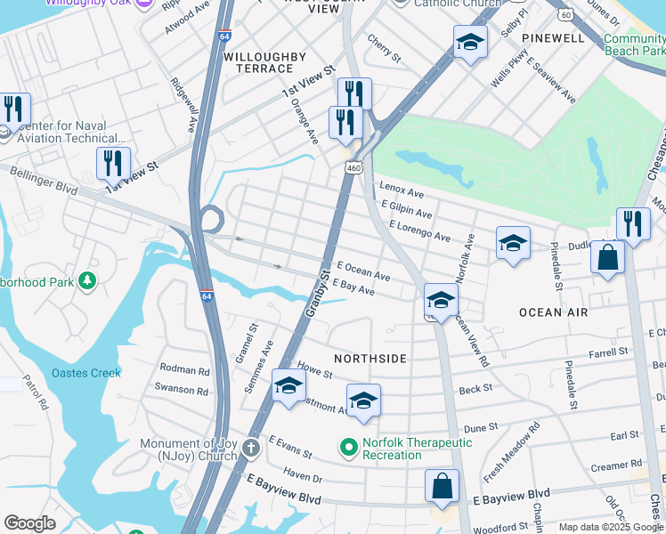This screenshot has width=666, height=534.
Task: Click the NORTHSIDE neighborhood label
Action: [x=370, y=359]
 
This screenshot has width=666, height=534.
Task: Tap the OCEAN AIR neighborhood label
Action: [x=553, y=312]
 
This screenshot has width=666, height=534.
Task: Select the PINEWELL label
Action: [x=554, y=38]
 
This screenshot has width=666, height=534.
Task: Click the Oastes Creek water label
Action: [x=85, y=373]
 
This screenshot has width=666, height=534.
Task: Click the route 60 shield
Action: [x=565, y=14]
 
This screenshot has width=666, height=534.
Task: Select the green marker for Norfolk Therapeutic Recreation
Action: [x=348, y=446]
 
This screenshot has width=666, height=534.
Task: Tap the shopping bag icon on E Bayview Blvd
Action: [x=442, y=486]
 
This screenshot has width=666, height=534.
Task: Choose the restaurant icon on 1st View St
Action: [x=113, y=163]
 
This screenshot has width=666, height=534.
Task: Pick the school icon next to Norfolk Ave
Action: [x=513, y=243]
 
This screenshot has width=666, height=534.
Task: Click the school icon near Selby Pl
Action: [x=470, y=42]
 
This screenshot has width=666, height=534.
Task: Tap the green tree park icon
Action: [x=87, y=281]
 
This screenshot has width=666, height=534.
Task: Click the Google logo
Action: [x=29, y=523]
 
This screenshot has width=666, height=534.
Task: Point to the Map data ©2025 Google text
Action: [x=611, y=527]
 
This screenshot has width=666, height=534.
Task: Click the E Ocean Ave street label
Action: [x=363, y=271]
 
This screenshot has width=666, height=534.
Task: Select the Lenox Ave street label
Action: [x=402, y=190]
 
